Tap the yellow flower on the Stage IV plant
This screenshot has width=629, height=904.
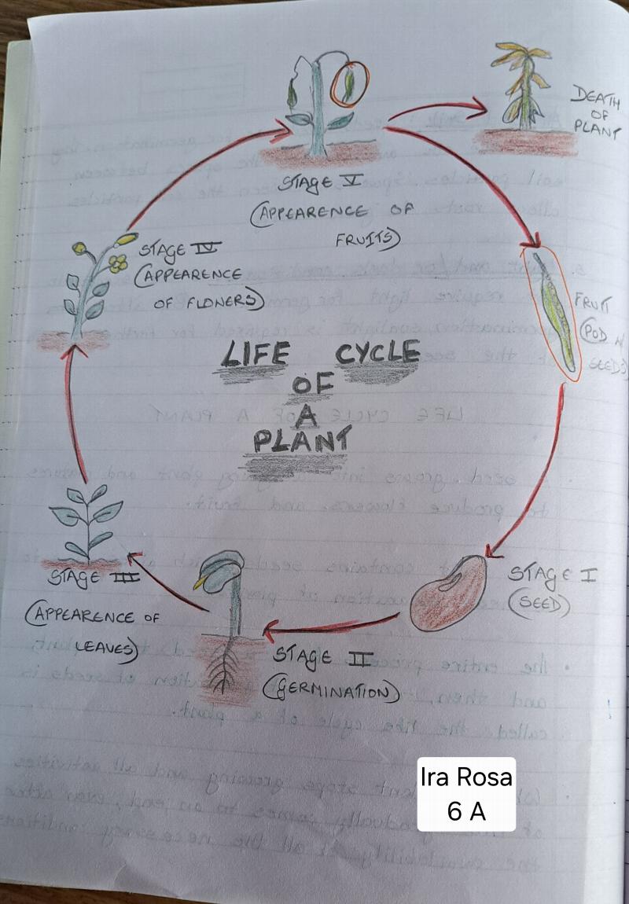pyautogui.click(x=118, y=264)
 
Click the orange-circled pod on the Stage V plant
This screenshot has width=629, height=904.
pyautogui.click(x=344, y=84)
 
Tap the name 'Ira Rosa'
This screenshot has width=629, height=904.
pyautogui.click(x=466, y=777)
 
